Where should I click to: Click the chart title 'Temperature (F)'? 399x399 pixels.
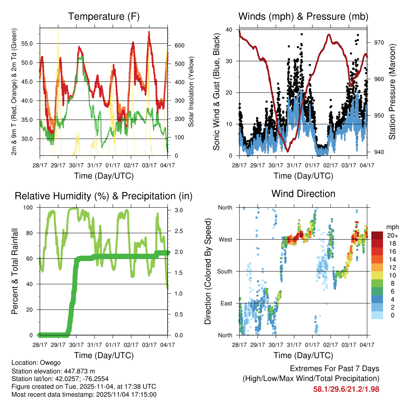(x=104, y=17)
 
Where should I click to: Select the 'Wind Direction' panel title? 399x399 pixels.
(x=303, y=193)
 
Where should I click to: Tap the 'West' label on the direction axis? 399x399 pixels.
(x=225, y=239)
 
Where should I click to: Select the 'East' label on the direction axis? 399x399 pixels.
(x=226, y=303)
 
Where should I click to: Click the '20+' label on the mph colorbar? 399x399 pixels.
(x=392, y=235)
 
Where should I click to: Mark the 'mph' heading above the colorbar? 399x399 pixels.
(x=391, y=227)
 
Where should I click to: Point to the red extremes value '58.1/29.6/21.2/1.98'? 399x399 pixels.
(x=346, y=389)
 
